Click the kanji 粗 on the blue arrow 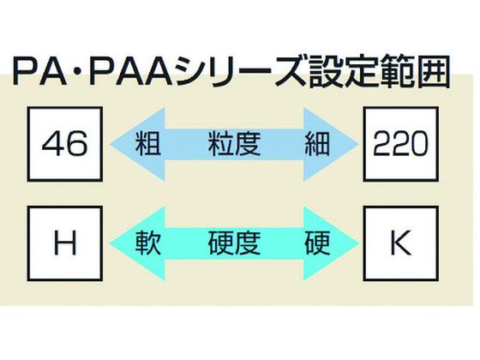[148, 144]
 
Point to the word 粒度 [234, 144]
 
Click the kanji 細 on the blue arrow [317, 144]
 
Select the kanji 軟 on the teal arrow [148, 243]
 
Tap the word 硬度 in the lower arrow [234, 243]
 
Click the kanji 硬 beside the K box [317, 243]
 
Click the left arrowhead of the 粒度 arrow [138, 144]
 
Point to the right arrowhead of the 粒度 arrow [331, 144]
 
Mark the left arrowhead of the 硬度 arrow [138, 243]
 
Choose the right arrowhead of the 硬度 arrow [331, 243]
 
